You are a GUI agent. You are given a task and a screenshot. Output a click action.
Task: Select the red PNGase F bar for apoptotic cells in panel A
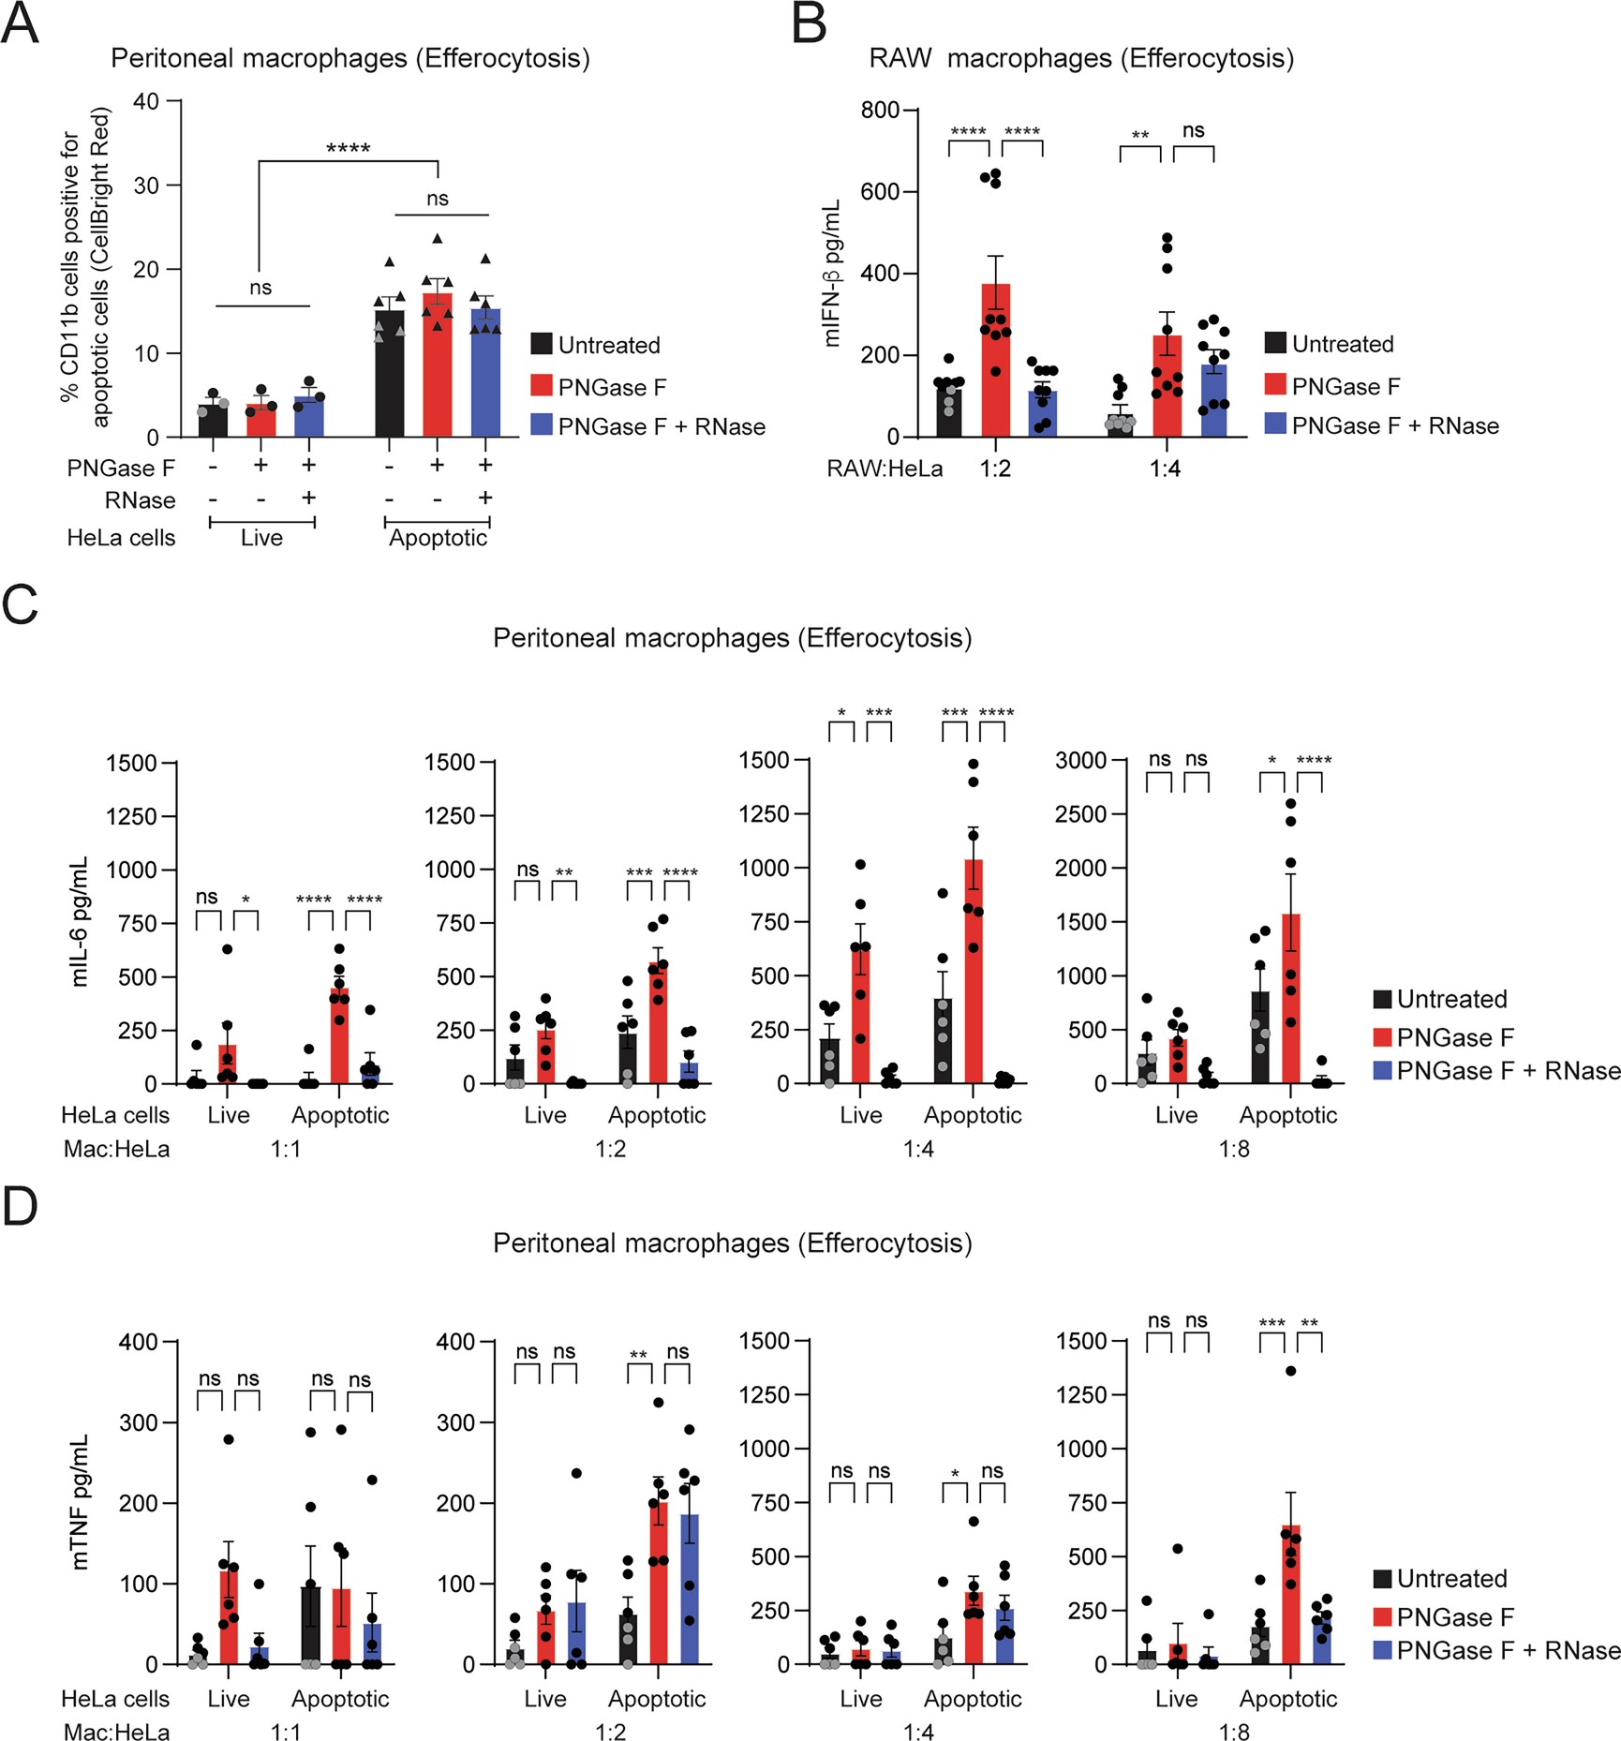point(437,370)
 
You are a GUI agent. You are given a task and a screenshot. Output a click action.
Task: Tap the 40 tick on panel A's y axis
point(146,101)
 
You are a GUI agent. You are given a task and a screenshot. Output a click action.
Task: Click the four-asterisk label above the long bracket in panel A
point(348,148)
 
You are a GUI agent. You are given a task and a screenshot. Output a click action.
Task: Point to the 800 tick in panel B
point(880,111)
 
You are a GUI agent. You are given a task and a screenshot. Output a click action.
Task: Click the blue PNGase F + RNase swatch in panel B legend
point(1274,425)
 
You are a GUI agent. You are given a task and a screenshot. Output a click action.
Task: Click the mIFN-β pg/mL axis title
point(832,275)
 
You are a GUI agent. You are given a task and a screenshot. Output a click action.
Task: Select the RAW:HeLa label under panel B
point(884,469)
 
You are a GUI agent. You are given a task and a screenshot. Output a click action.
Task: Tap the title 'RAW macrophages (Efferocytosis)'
point(1080,58)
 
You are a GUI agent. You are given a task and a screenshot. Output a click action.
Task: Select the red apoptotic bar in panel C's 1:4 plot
point(974,975)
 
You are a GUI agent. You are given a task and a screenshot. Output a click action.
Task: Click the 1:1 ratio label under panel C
point(286,1149)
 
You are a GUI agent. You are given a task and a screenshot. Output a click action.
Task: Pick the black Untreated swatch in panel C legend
point(1382,999)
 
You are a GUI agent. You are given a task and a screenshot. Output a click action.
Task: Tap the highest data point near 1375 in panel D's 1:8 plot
point(1290,1371)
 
